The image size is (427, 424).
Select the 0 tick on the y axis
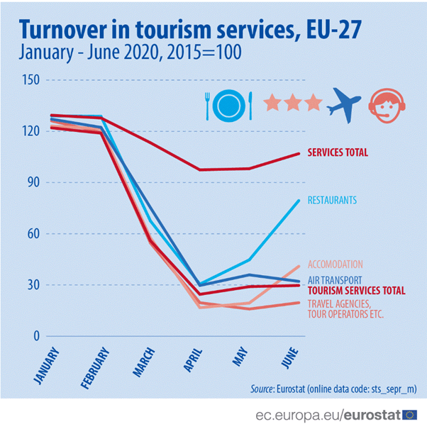34,336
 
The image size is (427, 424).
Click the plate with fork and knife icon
228,105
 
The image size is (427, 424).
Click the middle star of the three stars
293,104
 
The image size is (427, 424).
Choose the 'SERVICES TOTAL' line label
337,152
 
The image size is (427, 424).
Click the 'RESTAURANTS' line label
332,201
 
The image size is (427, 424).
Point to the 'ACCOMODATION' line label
335,264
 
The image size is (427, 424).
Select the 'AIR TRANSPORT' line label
335,279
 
